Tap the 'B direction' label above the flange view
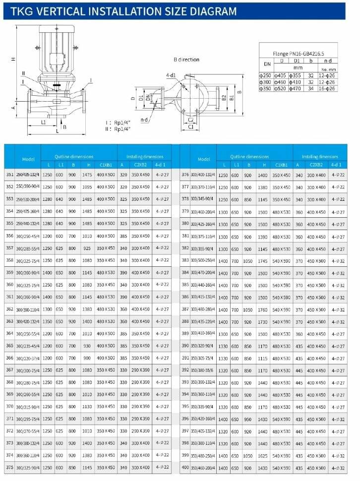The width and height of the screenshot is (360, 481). (186, 60)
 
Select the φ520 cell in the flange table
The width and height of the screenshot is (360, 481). (281, 88)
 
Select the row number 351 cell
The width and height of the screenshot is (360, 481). (9, 175)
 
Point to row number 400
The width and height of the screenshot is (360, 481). (185, 467)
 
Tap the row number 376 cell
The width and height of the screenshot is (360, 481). (185, 175)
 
